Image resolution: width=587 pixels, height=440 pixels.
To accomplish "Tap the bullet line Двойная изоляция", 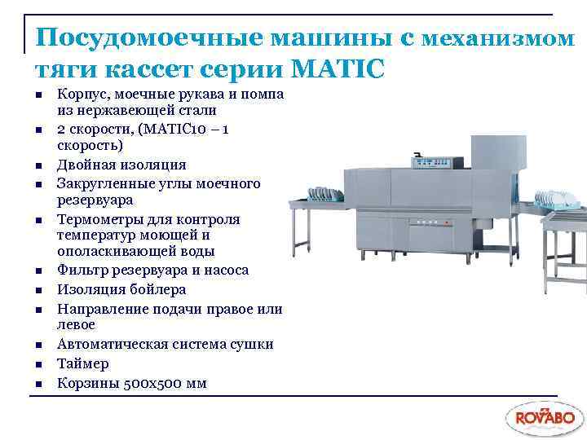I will tap(121, 165).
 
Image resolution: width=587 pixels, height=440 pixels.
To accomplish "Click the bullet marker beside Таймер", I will tap(38, 364).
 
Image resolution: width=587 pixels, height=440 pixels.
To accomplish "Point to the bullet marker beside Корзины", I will tap(38, 383).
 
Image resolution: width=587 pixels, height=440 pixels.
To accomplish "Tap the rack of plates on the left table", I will tap(323, 196).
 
